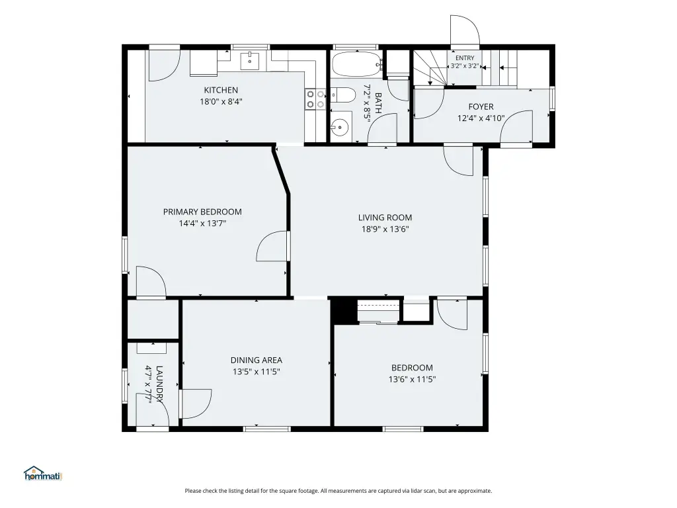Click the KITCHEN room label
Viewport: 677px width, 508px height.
point(221,90)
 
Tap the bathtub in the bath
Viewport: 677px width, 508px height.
point(357,64)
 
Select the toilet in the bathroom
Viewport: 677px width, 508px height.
point(343,94)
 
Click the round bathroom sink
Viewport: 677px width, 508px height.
point(340,127)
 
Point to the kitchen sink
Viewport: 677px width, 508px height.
point(249,60)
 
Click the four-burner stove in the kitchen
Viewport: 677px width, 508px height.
point(315,99)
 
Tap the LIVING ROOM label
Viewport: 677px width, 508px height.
point(385,217)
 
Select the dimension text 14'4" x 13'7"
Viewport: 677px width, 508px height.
point(202,224)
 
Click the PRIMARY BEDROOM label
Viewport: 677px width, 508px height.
point(202,212)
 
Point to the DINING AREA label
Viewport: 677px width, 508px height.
point(257,360)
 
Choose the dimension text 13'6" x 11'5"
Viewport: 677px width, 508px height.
point(413,379)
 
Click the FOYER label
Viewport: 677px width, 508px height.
point(481,106)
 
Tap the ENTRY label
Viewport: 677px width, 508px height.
point(465,58)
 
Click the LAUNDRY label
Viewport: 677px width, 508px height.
point(159,384)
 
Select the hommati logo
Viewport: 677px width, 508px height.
point(43,474)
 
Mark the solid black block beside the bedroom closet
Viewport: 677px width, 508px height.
point(344,310)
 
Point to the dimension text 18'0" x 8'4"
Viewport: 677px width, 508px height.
point(221,101)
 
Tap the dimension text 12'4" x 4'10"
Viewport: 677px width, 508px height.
point(481,118)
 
